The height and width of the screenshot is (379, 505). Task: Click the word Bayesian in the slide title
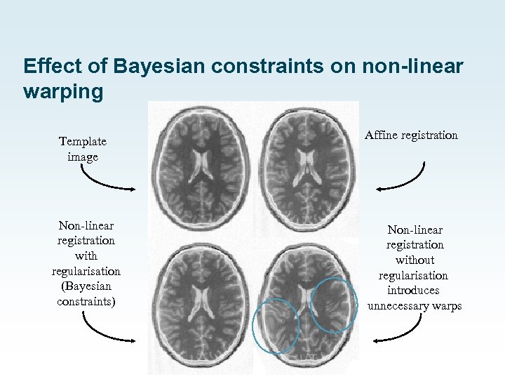pyautogui.click(x=147, y=67)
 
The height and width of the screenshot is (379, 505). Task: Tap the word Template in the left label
pyautogui.click(x=83, y=141)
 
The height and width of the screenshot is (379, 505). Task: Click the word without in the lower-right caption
pyautogui.click(x=415, y=260)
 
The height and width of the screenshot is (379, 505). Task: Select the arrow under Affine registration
pyautogui.click(x=403, y=178)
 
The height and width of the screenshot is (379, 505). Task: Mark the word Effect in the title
pyautogui.click(x=47, y=67)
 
